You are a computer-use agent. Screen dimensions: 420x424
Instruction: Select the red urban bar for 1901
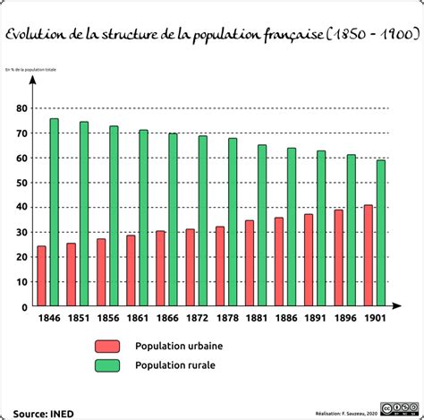click(368, 256)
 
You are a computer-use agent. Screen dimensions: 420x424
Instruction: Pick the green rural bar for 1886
click(292, 227)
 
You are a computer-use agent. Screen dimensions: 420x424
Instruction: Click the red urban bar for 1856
click(101, 272)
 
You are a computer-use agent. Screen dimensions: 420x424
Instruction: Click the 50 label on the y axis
click(21, 183)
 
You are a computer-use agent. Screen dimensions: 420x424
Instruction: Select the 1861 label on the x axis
click(136, 318)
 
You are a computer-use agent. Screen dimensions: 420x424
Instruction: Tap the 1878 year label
click(225, 318)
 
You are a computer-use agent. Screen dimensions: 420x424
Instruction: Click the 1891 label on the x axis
click(315, 318)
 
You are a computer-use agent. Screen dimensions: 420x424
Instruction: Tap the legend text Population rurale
click(175, 365)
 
